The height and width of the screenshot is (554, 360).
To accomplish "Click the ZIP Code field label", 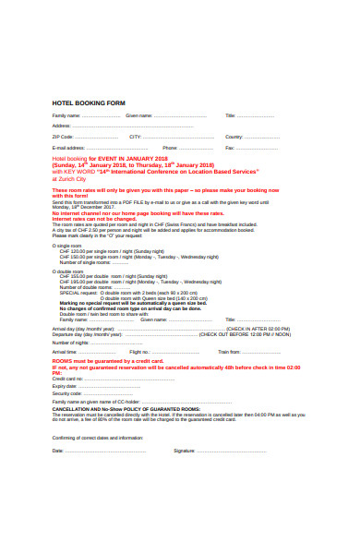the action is tap(63, 137).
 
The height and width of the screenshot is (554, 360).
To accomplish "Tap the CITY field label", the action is tap(135, 137).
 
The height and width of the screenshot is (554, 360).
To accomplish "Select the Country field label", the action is tap(234, 137).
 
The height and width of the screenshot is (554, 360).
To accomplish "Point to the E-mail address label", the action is tap(69, 148).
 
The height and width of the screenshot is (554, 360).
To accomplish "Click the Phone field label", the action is tap(170, 148).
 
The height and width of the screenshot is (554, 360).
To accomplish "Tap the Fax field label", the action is tap(231, 148).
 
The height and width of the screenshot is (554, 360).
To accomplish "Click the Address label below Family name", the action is tap(62, 126).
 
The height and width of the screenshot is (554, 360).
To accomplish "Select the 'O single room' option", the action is tap(68, 246).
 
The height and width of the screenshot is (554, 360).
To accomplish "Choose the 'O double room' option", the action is tap(69, 271).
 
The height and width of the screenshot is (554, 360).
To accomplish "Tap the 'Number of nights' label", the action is tap(72, 342).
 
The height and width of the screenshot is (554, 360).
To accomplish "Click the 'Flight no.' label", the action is tap(138, 352).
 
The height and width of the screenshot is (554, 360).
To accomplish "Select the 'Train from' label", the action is tap(229, 352).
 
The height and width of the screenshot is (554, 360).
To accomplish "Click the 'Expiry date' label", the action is tap(65, 386).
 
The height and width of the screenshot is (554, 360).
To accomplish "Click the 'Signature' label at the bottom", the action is tap(185, 451).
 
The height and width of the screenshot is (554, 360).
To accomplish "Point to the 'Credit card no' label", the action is tap(68, 379).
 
